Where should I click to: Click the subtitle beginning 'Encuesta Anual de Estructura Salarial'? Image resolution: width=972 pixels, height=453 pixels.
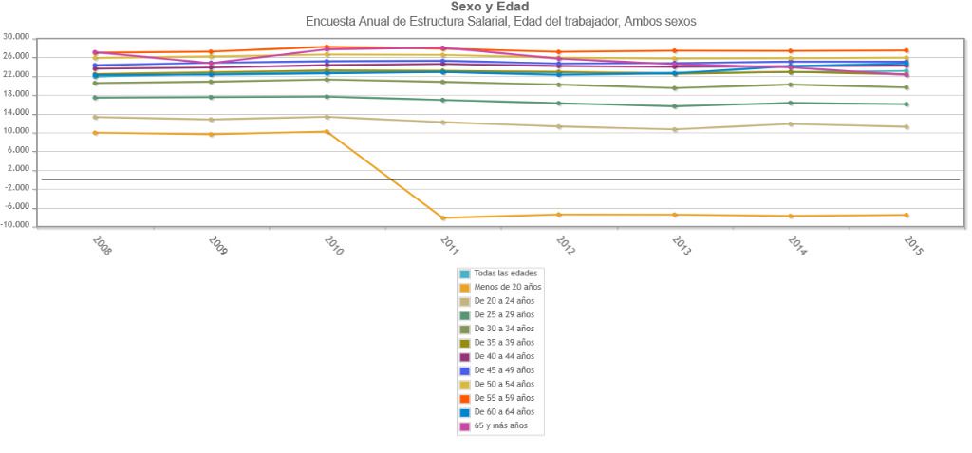[x=500, y=21]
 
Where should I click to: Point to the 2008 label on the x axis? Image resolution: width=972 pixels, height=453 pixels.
[x=102, y=245]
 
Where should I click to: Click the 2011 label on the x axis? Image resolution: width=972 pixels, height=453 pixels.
[x=449, y=245]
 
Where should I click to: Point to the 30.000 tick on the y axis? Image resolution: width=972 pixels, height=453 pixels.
[x=17, y=38]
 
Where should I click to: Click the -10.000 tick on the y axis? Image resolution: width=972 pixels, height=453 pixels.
[x=19, y=227]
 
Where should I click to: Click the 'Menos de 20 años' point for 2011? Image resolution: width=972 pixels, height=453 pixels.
[x=442, y=217]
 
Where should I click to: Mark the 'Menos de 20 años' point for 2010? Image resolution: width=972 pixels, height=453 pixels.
[x=327, y=131]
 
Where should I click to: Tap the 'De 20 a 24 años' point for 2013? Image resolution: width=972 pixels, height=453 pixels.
[x=675, y=129]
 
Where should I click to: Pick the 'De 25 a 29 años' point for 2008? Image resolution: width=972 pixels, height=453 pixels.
[x=95, y=98]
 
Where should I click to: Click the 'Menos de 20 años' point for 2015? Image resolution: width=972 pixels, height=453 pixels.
[x=907, y=215]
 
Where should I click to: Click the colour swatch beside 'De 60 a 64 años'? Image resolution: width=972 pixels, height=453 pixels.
[x=465, y=412]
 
